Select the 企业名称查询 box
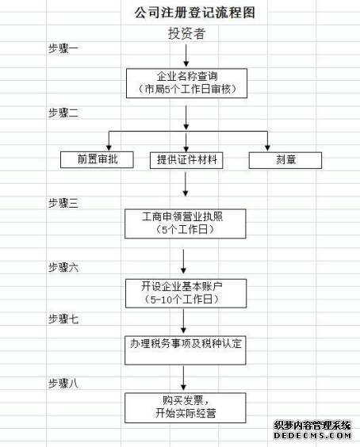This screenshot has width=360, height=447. click(186, 82)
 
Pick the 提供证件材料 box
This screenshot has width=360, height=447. click(186, 159)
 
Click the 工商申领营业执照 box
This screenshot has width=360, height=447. click(186, 223)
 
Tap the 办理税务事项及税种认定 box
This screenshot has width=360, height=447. click(186, 344)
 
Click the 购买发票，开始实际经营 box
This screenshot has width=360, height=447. click(186, 407)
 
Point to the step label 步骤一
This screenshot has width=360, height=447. click(63, 48)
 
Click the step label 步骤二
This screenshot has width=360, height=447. click(63, 113)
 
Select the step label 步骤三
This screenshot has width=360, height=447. click(63, 204)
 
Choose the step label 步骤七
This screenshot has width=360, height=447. click(63, 319)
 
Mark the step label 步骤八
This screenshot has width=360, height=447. click(63, 383)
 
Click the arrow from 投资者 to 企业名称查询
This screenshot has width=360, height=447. click(186, 54)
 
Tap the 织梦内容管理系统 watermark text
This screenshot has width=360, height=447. click(312, 426)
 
